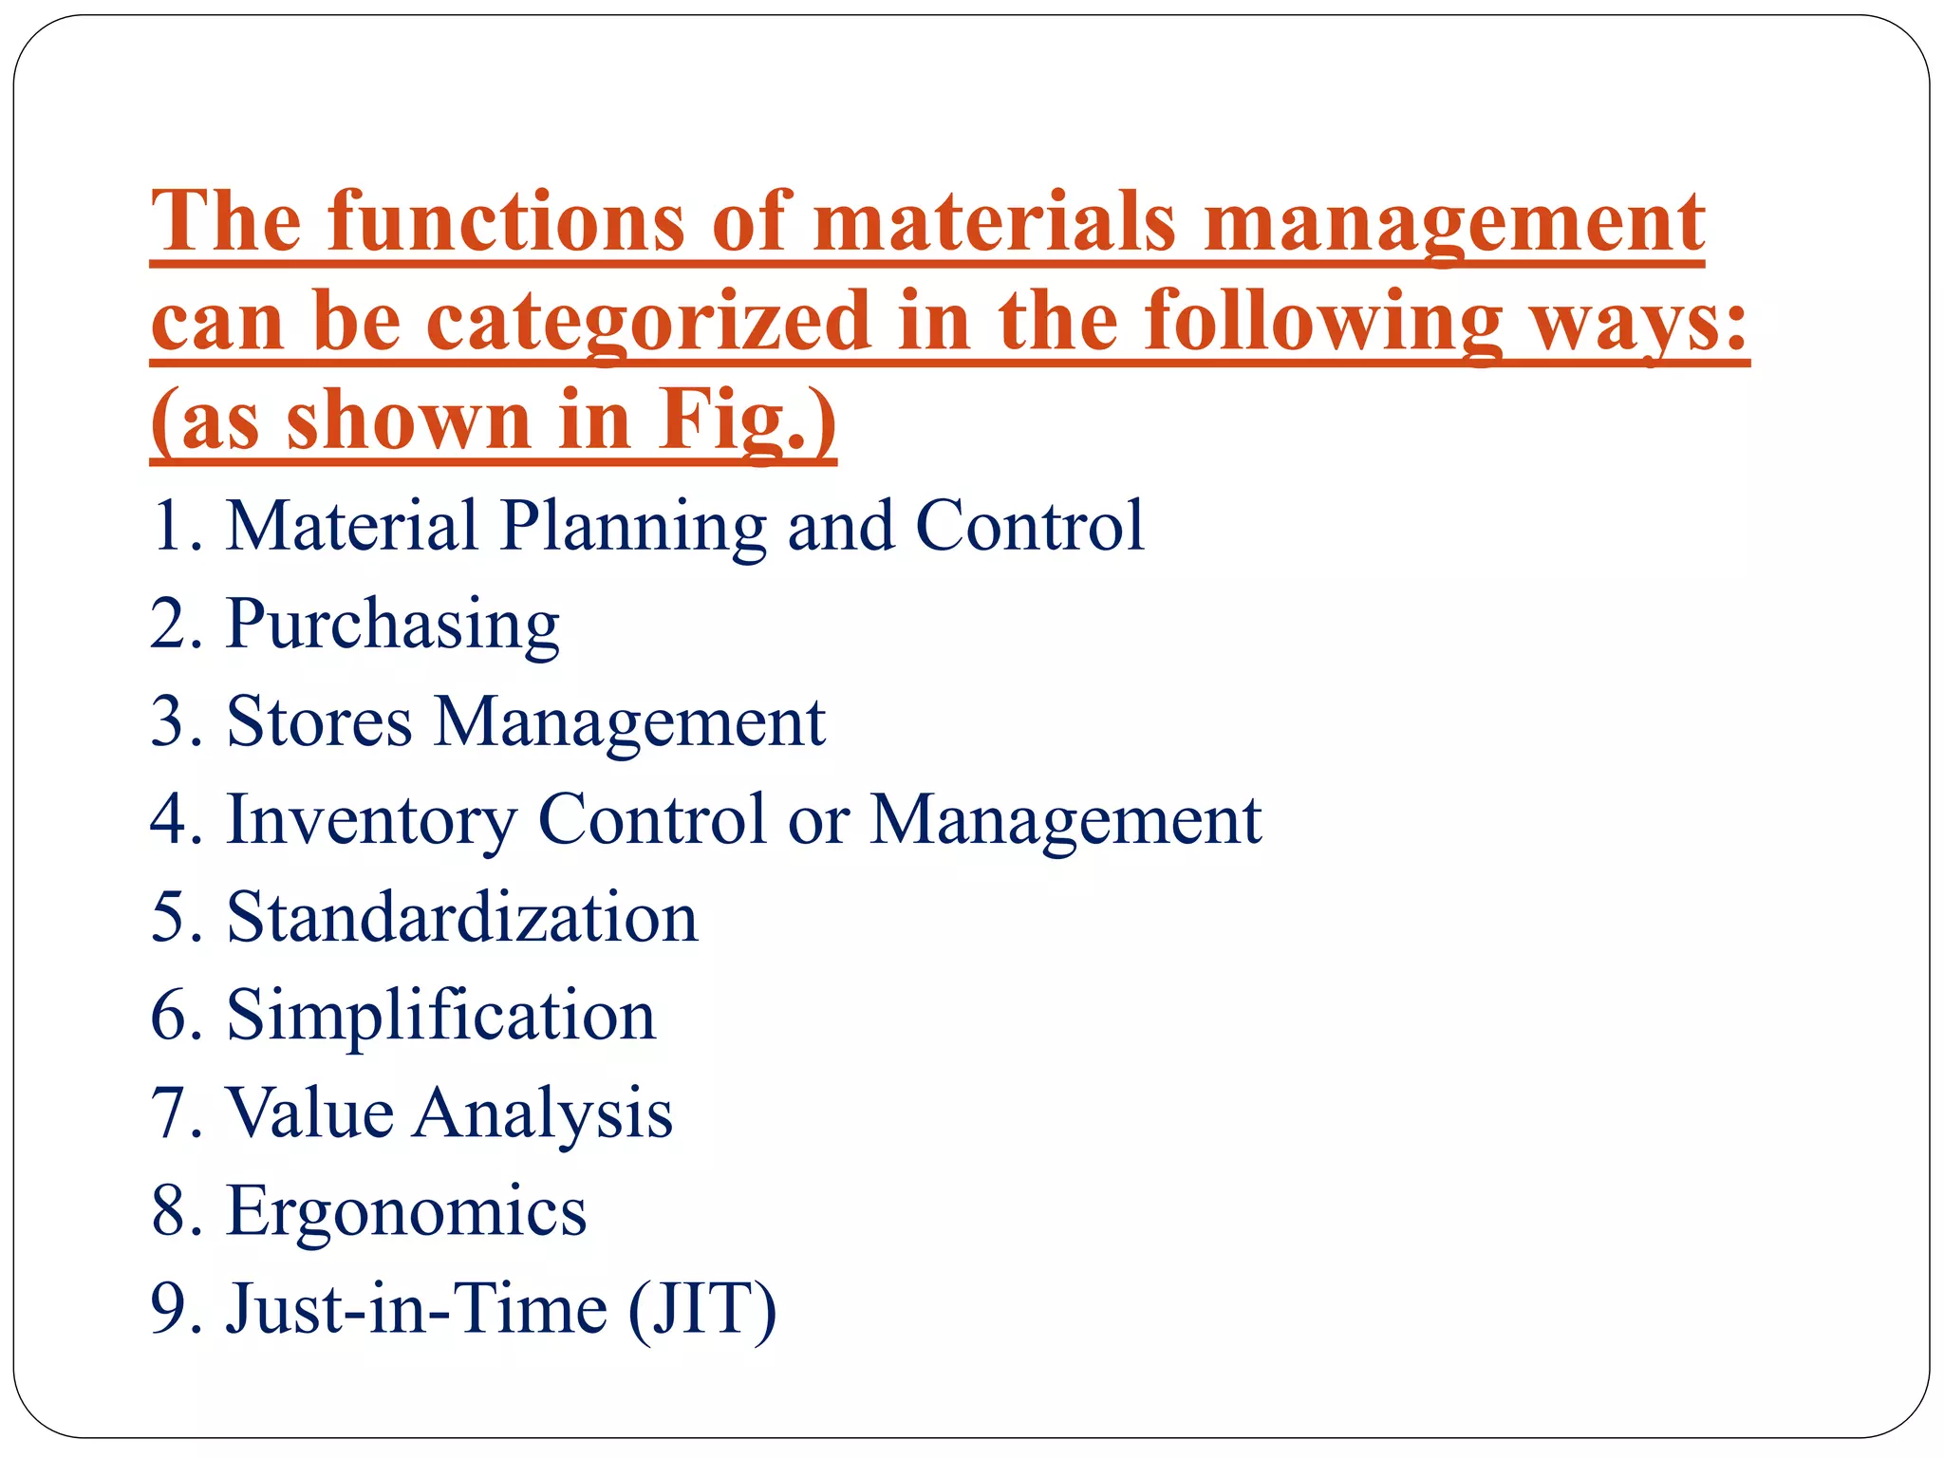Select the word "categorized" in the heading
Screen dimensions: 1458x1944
(x=647, y=323)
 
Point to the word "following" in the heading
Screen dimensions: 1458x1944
(x=1323, y=323)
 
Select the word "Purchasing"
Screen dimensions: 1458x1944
(x=393, y=626)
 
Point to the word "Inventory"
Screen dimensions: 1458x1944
(x=371, y=820)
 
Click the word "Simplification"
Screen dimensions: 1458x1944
(x=440, y=1015)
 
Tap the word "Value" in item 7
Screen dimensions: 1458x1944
(x=310, y=1112)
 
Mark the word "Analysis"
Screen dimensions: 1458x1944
(x=544, y=1114)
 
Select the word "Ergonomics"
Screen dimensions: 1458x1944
(x=406, y=1211)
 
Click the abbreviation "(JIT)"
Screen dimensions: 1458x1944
(x=702, y=1310)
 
